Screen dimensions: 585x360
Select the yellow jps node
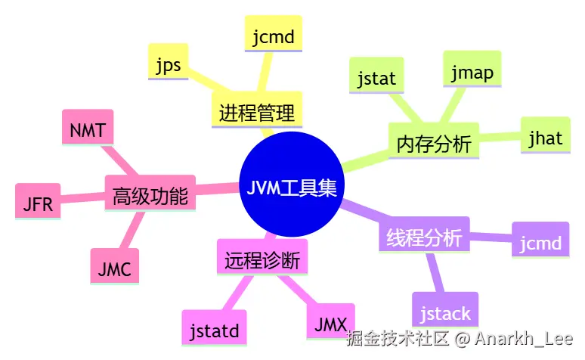coord(168,64)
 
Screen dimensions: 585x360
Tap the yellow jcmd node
coord(273,35)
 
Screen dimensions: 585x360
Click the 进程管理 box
coord(256,113)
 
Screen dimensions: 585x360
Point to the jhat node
coord(545,138)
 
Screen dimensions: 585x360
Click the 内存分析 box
coord(433,143)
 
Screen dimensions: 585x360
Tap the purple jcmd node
coord(540,242)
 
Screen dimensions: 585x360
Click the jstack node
coord(445,312)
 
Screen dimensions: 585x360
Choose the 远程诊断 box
coord(262,260)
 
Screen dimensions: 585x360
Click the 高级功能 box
coord(150,196)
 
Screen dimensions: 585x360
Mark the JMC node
coord(114,268)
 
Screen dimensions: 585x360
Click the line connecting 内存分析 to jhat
coord(500,139)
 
